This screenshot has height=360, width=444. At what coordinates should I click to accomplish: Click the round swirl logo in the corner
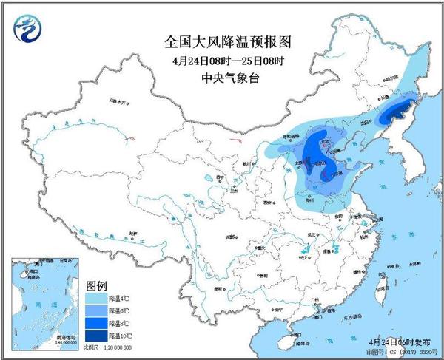point(29,29)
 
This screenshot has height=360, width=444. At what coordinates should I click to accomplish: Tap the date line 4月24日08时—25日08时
point(222,60)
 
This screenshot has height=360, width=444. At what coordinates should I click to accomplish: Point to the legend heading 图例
point(98,285)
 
